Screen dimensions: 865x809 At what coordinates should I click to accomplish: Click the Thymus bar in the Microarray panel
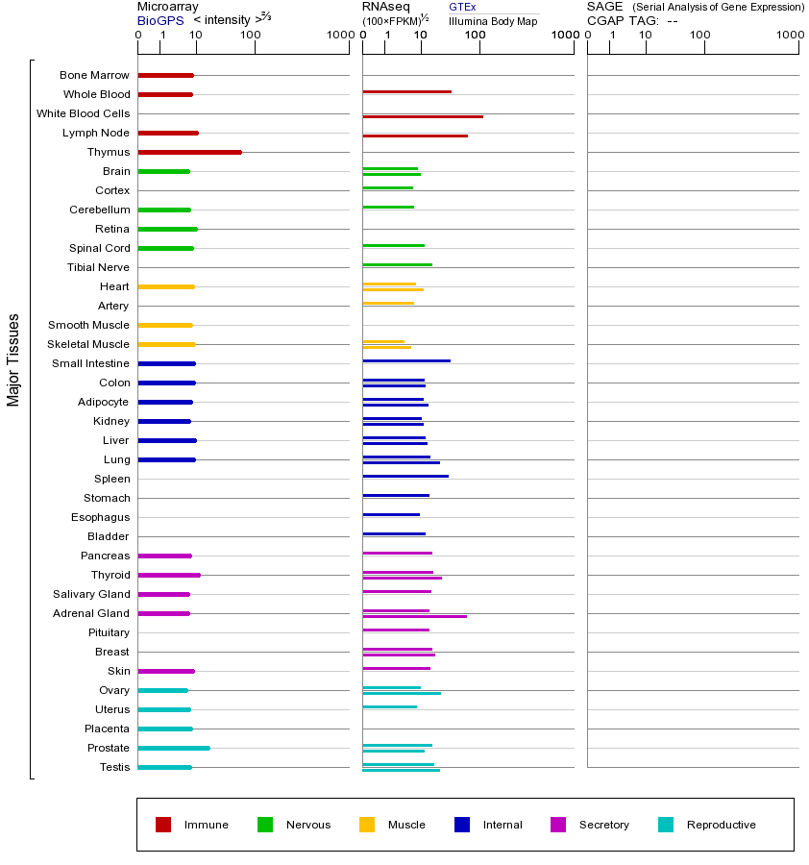(189, 152)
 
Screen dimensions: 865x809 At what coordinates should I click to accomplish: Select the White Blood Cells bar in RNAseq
(423, 116)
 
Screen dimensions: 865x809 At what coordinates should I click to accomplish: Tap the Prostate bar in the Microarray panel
(174, 748)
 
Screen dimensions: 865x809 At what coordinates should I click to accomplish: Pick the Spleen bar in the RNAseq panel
(405, 476)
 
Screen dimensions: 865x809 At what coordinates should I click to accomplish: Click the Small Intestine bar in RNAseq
(406, 360)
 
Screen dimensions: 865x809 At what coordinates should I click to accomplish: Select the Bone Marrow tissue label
(94, 75)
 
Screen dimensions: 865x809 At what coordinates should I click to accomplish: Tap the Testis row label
(114, 767)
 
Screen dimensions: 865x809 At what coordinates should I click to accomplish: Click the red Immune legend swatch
(163, 825)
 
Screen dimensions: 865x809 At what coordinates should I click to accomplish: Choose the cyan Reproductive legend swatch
(666, 825)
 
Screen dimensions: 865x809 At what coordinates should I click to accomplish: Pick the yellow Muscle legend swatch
(367, 825)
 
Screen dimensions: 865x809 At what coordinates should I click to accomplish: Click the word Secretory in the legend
(604, 825)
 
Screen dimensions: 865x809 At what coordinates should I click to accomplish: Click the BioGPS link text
(160, 20)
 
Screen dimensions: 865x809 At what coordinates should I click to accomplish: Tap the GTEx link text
(462, 7)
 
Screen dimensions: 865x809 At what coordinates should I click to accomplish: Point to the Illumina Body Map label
(493, 20)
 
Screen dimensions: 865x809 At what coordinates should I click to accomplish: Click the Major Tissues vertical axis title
(13, 359)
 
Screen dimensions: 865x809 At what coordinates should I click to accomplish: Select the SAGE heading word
(605, 7)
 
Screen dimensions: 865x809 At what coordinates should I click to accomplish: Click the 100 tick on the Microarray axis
(251, 36)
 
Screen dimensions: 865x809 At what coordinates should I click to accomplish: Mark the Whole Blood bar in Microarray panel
(165, 94)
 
